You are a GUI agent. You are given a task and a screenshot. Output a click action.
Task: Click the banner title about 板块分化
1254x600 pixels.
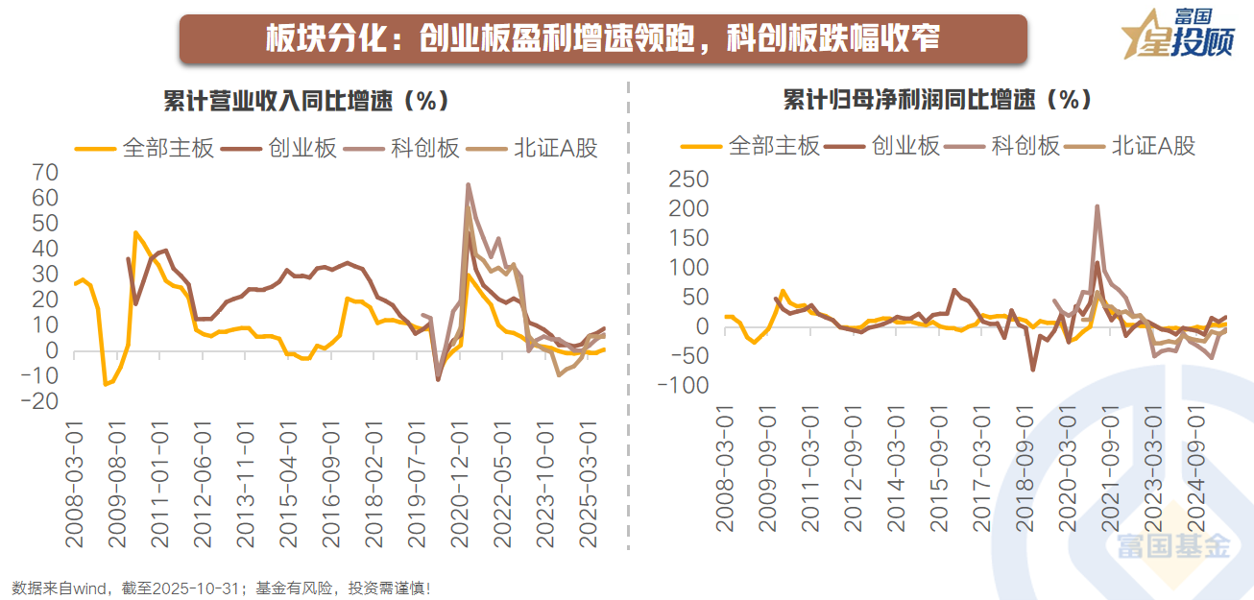point(602,39)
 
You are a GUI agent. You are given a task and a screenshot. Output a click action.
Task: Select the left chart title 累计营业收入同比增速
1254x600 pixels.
point(305,100)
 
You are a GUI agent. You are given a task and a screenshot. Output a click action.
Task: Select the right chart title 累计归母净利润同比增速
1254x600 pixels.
point(937,100)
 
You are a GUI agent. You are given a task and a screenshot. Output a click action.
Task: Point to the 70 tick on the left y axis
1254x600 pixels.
point(46,173)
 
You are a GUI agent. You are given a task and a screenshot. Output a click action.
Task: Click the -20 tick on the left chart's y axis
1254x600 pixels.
point(41,401)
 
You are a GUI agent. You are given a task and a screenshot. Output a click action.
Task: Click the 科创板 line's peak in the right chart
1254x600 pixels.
point(1097,206)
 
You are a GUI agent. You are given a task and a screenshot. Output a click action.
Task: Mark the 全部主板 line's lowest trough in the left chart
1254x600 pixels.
point(106,384)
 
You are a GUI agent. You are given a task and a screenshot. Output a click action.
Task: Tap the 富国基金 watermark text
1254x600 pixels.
point(1172,546)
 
